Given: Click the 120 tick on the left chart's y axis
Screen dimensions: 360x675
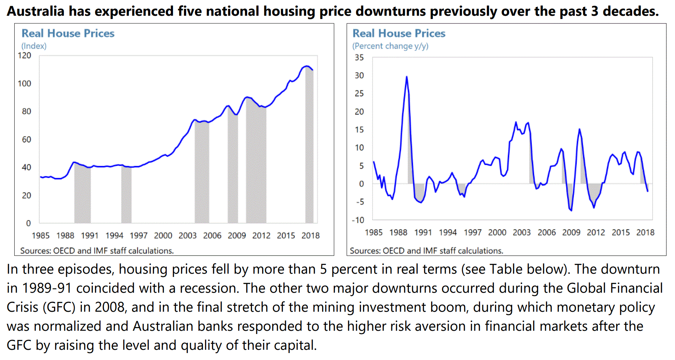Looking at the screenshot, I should point(24,56).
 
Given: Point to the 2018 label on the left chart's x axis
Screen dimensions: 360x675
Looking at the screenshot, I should point(310,236).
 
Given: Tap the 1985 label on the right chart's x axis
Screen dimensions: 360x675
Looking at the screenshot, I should point(373,232).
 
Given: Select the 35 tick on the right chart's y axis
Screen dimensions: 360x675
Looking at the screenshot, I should point(359,57).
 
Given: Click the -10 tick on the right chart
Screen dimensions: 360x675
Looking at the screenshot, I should point(358,220).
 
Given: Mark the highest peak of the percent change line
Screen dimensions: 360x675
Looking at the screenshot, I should point(406,77).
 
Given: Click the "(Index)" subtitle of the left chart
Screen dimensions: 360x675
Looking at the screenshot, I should point(34,46).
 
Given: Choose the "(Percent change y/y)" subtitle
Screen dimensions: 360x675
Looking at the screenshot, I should point(390,46).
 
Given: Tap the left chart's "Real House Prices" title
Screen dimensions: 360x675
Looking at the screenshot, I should point(68,33).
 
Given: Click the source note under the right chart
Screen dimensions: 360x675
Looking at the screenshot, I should point(426,251).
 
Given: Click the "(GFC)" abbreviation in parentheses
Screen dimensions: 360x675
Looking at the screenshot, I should point(59,307).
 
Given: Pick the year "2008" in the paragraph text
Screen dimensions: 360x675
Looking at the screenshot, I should point(110,307).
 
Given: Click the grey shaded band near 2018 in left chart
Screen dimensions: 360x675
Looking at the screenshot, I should point(309,146).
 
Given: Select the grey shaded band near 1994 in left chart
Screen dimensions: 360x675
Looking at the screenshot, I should point(126,194).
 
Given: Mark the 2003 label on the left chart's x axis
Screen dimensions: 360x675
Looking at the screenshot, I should point(187,236).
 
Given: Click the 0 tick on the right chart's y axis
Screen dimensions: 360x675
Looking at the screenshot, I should point(361,184).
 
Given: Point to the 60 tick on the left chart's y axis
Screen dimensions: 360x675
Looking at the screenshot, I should point(26,139).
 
